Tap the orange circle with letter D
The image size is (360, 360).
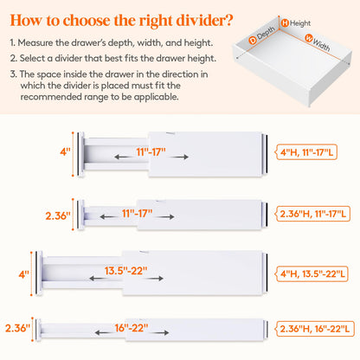tap(253, 40)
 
